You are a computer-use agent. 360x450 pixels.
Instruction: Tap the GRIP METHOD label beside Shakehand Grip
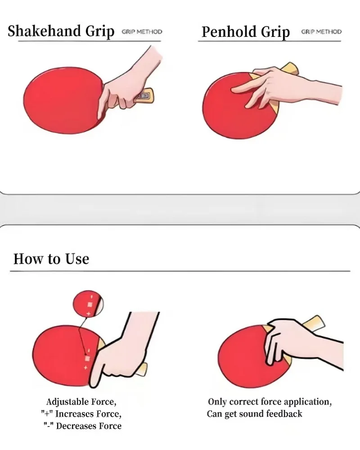(x=142, y=32)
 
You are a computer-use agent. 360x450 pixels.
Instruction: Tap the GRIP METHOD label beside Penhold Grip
(x=321, y=32)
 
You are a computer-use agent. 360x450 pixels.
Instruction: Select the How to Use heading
(x=51, y=259)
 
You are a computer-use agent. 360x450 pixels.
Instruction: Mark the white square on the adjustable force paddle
(x=88, y=359)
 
